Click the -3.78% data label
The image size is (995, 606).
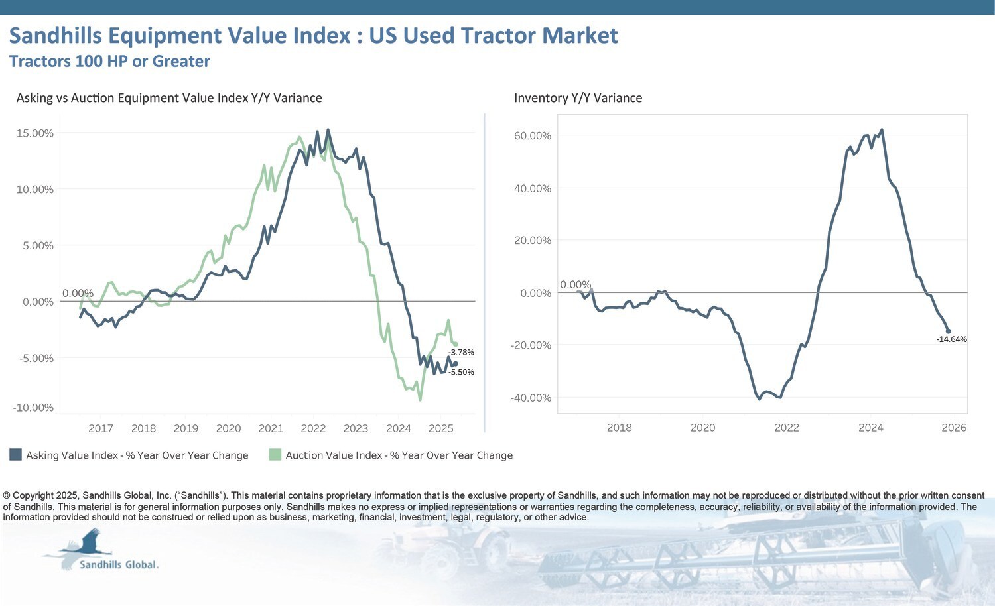461,353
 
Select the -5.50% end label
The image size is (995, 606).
461,373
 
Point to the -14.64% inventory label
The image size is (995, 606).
951,339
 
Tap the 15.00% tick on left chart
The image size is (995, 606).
34,133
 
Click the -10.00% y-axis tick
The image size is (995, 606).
33,408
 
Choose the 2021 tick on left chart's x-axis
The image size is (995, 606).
271,428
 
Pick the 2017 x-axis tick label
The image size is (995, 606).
101,428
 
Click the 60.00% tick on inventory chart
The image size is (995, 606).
533,136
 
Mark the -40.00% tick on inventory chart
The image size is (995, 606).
531,398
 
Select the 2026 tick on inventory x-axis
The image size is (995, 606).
954,428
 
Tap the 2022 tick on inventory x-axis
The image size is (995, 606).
787,428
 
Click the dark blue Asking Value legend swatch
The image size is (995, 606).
15,455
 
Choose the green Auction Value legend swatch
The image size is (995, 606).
275,455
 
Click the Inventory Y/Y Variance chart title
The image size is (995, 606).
578,98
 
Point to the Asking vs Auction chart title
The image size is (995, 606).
169,98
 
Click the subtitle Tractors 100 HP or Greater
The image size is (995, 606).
109,62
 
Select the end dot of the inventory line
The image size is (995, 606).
948,331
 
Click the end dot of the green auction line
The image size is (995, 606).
455,344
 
